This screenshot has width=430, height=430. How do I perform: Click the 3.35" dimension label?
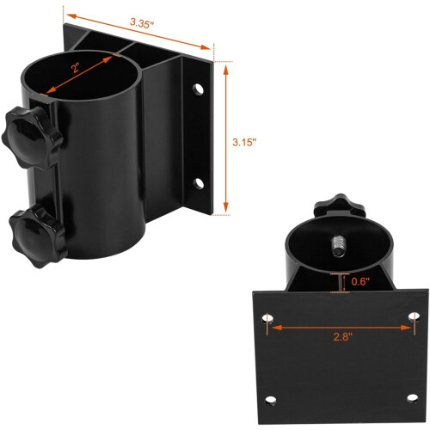click(142, 23)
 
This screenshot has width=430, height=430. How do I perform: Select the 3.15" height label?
click(244, 142)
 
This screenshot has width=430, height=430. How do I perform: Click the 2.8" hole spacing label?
click(343, 336)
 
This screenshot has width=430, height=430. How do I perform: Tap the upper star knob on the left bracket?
click(32, 138)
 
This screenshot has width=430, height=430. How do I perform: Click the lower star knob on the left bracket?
click(38, 236)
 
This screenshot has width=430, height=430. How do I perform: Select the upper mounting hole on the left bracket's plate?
click(198, 89)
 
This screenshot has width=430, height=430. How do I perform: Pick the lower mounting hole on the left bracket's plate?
click(199, 183)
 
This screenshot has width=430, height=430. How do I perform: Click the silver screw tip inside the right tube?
click(339, 247)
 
